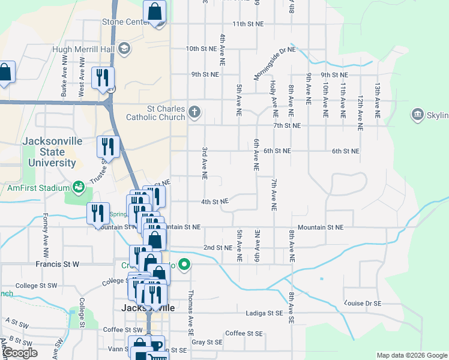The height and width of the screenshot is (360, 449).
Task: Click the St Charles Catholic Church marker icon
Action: coord(194,112)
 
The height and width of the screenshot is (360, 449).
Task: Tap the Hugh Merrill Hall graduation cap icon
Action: coord(124,48)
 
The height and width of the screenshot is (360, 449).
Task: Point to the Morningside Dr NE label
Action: coord(274,58)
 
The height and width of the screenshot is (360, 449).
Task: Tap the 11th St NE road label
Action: coord(248,23)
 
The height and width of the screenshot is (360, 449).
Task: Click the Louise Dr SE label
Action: coord(364,303)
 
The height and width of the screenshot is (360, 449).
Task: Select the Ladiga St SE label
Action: coord(264,313)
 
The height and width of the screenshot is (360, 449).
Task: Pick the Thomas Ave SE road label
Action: coord(191,313)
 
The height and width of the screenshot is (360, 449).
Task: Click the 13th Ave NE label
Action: coord(377,99)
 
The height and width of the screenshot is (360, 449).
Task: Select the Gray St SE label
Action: coord(207,342)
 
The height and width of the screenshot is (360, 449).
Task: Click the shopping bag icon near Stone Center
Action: coord(154,11)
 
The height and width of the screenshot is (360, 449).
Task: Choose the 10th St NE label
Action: coord(200,49)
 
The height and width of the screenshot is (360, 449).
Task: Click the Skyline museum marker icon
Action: coord(417,114)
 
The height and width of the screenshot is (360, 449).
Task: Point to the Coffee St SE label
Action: coord(244,333)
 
